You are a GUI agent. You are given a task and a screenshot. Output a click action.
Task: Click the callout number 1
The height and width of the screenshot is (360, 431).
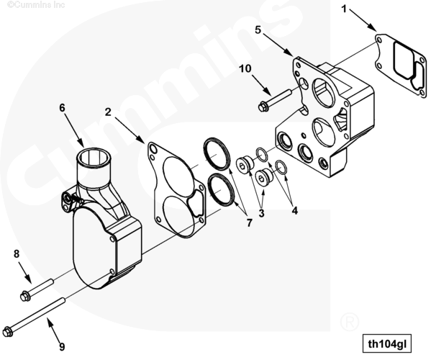[344, 9]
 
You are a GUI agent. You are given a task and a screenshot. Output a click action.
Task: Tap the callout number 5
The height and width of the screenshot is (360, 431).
[258, 30]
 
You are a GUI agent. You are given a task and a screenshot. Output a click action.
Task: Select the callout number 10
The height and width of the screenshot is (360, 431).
[245, 68]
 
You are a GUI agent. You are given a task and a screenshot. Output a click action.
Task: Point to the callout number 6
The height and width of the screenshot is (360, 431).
[63, 108]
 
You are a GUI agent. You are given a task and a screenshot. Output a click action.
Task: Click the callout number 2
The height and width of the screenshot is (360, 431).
[108, 112]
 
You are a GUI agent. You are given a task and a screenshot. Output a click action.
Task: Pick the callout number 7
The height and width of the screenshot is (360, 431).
[249, 222]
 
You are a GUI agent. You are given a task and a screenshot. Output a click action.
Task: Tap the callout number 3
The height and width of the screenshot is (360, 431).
[261, 212]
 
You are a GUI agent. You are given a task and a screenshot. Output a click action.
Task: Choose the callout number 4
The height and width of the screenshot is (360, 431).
[295, 211]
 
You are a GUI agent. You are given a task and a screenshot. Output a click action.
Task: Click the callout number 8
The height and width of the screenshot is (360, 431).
[17, 254]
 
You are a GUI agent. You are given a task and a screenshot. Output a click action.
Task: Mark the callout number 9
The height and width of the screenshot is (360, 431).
[62, 346]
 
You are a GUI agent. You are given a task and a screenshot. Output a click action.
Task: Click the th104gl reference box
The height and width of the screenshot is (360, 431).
[387, 343]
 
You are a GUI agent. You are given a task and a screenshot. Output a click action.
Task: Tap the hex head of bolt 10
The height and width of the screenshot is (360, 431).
[263, 107]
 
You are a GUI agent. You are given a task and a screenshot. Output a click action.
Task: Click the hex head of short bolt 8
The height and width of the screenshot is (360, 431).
[24, 297]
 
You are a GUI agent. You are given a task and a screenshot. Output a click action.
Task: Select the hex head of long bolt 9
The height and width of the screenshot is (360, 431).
[7, 331]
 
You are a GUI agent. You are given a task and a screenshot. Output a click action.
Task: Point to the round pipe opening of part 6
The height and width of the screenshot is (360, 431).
[94, 157]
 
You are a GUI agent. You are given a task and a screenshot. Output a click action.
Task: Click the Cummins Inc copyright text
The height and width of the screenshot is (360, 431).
[36, 4]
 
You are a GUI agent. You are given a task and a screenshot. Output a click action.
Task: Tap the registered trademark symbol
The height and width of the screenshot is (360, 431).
[350, 322]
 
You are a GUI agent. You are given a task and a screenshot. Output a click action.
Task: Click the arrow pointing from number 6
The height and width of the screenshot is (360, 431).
[73, 130]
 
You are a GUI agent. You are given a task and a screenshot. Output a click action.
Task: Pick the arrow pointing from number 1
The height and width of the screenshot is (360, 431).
[363, 21]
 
